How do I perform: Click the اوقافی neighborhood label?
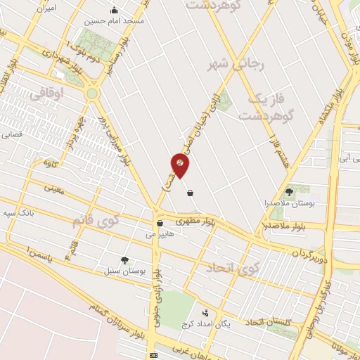click(x=47, y=93)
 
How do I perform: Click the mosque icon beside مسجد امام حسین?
click(x=114, y=10)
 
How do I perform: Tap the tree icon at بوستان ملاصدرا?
click(x=289, y=191)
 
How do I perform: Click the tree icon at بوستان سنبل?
click(x=124, y=260)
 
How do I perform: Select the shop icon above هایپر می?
click(x=160, y=224)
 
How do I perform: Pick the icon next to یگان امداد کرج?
click(x=205, y=313)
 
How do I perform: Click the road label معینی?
click(x=54, y=188)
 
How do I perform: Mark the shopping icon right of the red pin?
click(x=191, y=192)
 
